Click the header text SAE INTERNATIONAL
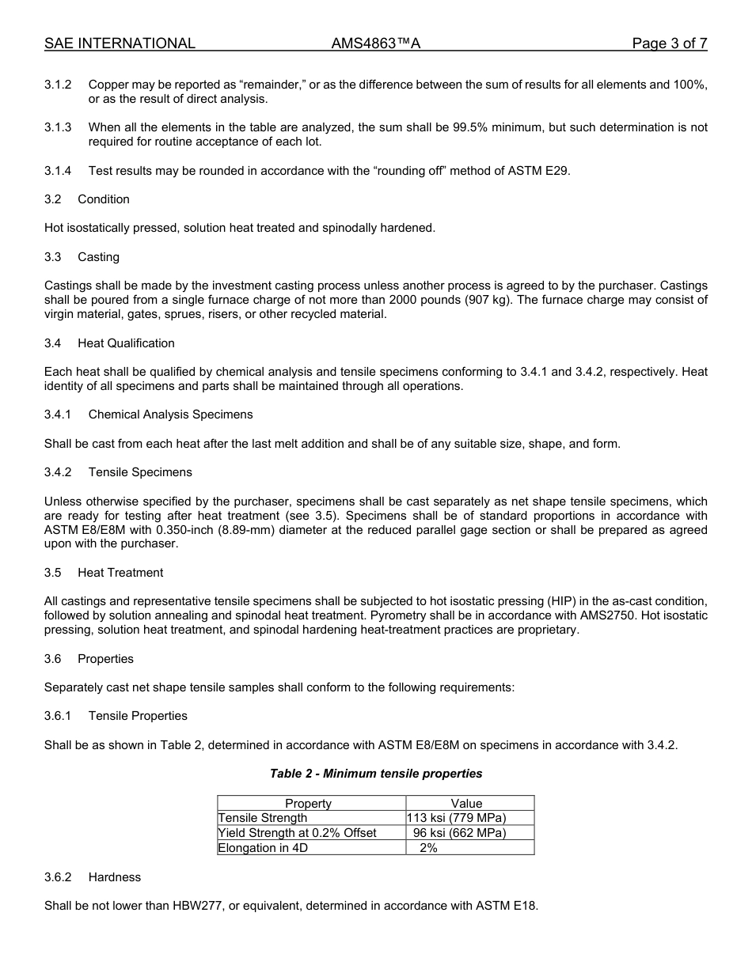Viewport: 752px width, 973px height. coord(120,44)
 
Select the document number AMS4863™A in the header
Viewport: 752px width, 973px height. coord(375,44)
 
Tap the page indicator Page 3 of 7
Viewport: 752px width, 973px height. coord(669,44)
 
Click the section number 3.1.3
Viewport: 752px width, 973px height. coord(58,127)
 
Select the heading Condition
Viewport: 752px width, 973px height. coord(103,199)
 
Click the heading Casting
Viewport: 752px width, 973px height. coord(98,257)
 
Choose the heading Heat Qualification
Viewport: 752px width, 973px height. coord(126,343)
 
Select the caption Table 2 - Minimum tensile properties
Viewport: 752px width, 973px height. coord(376,774)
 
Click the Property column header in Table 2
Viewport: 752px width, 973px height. coord(308,804)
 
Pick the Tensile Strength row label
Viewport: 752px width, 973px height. coord(263,818)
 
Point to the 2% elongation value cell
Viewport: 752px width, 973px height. coord(428,848)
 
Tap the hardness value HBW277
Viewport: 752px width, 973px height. coord(197,906)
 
